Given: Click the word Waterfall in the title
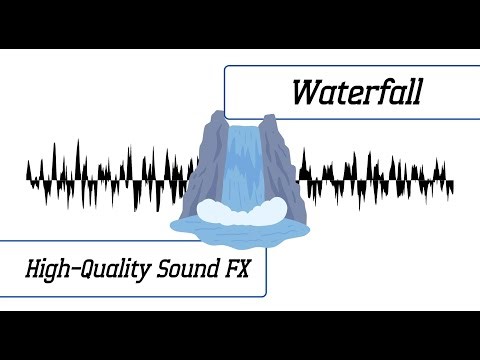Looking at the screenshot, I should coord(357,92).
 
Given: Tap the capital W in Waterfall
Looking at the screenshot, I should coord(305,92).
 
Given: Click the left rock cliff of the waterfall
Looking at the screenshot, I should coord(204,165).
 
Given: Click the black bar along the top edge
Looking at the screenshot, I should coord(240,23).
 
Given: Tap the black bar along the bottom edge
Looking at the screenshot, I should coord(240,335).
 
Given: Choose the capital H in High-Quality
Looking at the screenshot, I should coord(33,269).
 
